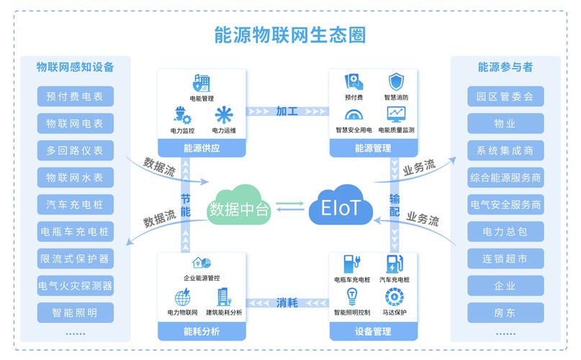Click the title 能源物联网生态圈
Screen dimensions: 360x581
tap(289, 35)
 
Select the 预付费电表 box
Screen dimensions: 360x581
tap(75, 96)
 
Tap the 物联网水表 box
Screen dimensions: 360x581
tap(75, 177)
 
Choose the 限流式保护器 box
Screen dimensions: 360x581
tap(75, 258)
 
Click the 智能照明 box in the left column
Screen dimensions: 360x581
tap(75, 312)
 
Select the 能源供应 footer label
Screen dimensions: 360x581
tap(202, 148)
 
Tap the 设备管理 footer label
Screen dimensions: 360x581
tap(373, 332)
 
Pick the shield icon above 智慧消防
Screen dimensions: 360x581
tap(396, 81)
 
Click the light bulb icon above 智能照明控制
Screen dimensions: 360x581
tap(352, 295)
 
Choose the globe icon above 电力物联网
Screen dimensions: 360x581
tap(181, 296)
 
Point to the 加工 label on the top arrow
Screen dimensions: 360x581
tap(287, 111)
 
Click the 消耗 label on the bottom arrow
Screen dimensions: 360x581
tap(287, 302)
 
